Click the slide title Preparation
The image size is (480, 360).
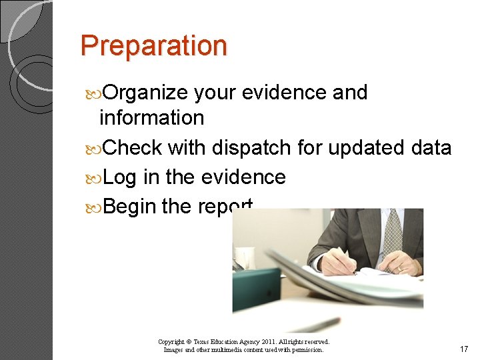153,46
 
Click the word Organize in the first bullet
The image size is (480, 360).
146,92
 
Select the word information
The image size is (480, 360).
151,118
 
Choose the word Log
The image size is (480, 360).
121,177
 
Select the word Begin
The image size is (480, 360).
130,207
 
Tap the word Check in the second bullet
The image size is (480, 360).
133,147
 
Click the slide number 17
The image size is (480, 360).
464,349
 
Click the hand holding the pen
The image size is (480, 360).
337,261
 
